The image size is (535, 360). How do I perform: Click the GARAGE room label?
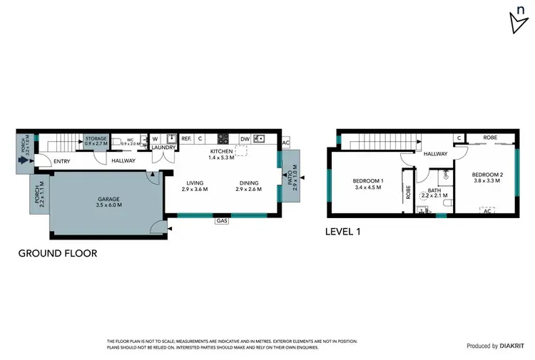tap(109, 199)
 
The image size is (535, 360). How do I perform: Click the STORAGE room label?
tap(96, 139)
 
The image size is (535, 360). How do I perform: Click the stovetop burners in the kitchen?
tap(223, 139)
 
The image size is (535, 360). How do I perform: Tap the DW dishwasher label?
tap(245, 139)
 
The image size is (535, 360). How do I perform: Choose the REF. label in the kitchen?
tap(186, 139)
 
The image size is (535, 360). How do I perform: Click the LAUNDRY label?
tap(163, 148)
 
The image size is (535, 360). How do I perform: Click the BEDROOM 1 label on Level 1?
tap(368, 181)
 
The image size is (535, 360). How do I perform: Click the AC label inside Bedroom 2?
tap(487, 211)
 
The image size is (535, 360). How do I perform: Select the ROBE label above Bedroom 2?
tap(490, 138)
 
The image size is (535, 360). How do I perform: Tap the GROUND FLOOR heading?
tap(57, 252)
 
